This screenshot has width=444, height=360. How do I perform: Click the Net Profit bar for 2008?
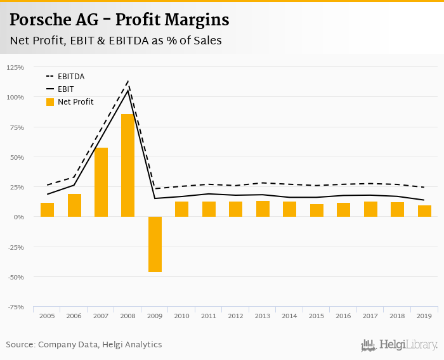(x=128, y=165)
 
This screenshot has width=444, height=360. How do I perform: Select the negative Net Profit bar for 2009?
(x=155, y=244)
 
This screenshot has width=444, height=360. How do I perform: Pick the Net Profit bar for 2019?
(x=424, y=211)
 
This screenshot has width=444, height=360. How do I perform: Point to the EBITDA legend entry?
(x=70, y=77)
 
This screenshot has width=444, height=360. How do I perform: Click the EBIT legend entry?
(x=65, y=89)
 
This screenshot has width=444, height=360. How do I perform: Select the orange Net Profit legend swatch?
(x=50, y=102)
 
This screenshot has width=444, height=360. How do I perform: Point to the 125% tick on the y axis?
(x=15, y=67)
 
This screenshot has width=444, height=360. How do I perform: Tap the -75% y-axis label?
(x=15, y=307)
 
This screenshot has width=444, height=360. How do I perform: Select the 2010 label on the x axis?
(x=181, y=315)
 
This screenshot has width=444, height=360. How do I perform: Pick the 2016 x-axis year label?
(x=343, y=315)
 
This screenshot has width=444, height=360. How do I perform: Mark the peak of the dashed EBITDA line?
(x=128, y=81)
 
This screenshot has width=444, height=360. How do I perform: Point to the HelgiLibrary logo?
(x=400, y=345)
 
